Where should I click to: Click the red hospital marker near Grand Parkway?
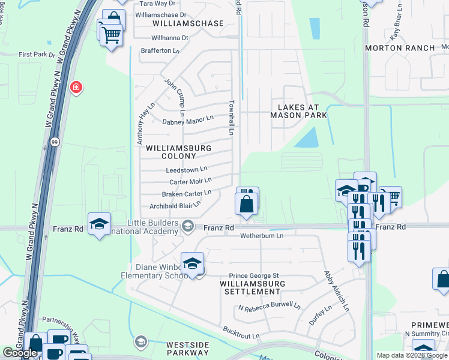(x=76, y=88)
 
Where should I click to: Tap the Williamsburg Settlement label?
(x=252, y=287)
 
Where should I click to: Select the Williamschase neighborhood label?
(x=188, y=23)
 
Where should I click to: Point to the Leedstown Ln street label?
(x=187, y=170)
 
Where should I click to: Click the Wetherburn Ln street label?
(x=262, y=236)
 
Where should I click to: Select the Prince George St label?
(x=255, y=275)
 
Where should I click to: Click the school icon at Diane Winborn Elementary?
(x=192, y=264)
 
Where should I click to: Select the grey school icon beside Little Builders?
(x=188, y=226)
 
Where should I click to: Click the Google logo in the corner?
(x=20, y=353)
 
